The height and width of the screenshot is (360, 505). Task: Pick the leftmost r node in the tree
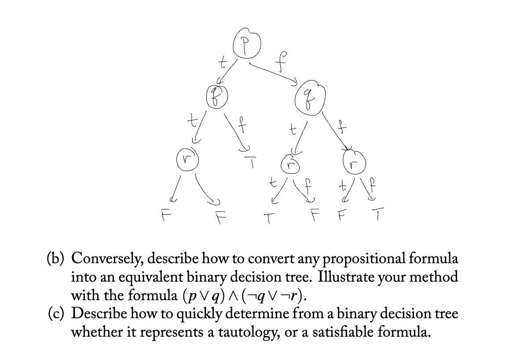187,158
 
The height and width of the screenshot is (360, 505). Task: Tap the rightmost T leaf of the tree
379,215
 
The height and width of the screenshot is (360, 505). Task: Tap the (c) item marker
57,314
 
